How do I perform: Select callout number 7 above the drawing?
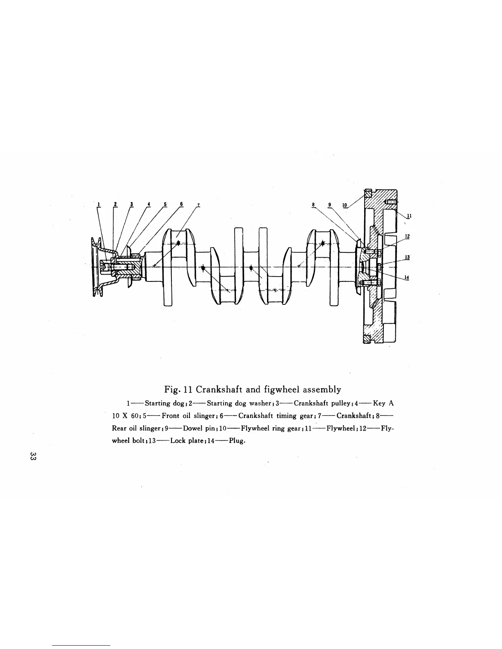click(198, 204)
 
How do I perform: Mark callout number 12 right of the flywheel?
click(407, 236)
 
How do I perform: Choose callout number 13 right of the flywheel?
click(407, 257)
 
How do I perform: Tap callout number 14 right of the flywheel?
click(407, 277)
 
